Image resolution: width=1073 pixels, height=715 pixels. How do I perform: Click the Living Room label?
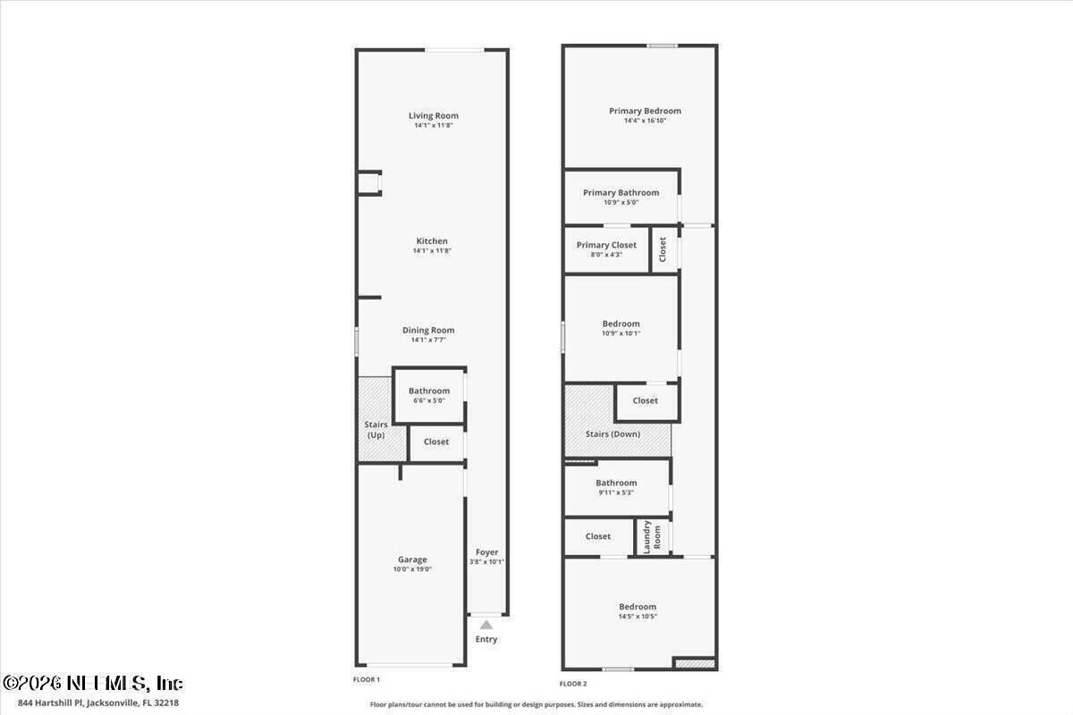[434, 115]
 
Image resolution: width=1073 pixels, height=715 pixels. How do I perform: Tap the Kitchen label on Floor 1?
[432, 241]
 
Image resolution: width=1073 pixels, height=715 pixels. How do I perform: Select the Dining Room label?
[428, 330]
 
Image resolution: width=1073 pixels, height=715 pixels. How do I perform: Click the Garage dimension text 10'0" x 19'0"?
[412, 569]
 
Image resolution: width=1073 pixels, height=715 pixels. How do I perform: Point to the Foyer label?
[487, 552]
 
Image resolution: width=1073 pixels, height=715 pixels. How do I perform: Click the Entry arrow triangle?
[486, 626]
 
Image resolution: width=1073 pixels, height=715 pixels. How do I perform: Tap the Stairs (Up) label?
[375, 430]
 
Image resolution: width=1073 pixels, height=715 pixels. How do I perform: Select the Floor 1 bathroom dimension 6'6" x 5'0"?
[429, 400]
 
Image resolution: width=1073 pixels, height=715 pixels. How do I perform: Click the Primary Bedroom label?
[645, 111]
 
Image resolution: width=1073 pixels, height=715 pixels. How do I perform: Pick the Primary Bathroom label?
[621, 192]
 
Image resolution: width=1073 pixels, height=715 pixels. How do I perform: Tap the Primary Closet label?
[606, 245]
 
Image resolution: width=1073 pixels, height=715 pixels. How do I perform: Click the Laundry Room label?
[652, 537]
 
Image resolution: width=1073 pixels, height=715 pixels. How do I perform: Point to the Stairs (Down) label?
[613, 433]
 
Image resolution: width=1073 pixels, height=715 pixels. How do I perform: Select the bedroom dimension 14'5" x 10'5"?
[638, 617]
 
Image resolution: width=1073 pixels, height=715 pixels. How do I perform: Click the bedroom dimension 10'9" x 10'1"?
[621, 333]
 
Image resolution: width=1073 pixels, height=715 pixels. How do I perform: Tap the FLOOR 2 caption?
[573, 684]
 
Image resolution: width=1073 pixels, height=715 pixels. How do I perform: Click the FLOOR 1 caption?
[367, 680]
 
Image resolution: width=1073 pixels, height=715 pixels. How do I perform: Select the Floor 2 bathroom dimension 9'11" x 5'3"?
[616, 492]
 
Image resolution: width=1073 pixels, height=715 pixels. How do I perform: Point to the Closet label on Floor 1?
[436, 442]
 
